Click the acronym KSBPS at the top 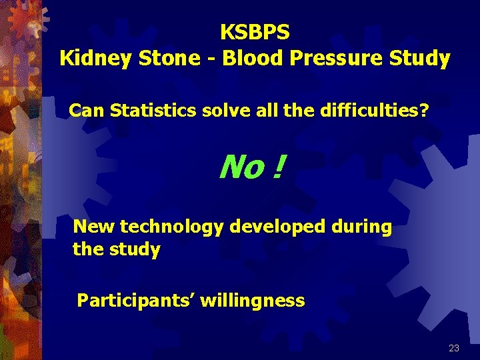[255, 31]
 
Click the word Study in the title [420, 59]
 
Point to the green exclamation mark [276, 168]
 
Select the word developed [277, 227]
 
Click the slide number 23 [454, 348]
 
